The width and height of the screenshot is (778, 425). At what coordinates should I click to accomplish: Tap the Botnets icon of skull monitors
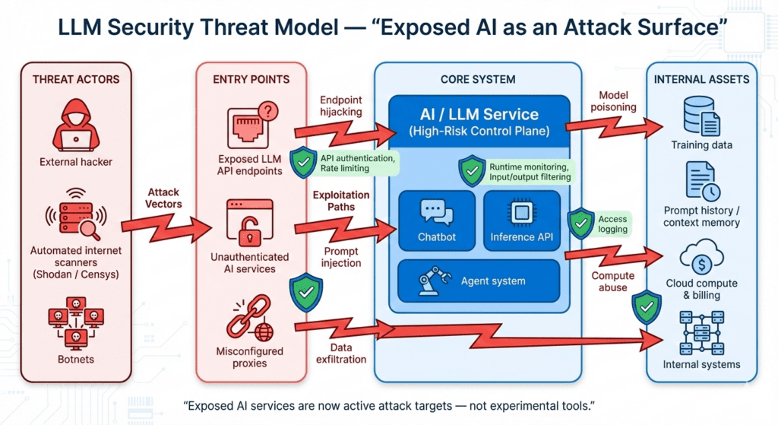click(74, 323)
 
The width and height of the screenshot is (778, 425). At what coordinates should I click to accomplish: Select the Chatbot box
click(437, 220)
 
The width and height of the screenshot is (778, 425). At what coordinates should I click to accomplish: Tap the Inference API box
click(522, 220)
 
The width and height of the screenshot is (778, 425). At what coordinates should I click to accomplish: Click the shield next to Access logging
click(581, 224)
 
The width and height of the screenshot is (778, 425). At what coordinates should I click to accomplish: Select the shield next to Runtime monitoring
click(472, 171)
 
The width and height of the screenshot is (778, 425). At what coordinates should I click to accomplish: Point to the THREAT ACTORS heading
click(76, 79)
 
